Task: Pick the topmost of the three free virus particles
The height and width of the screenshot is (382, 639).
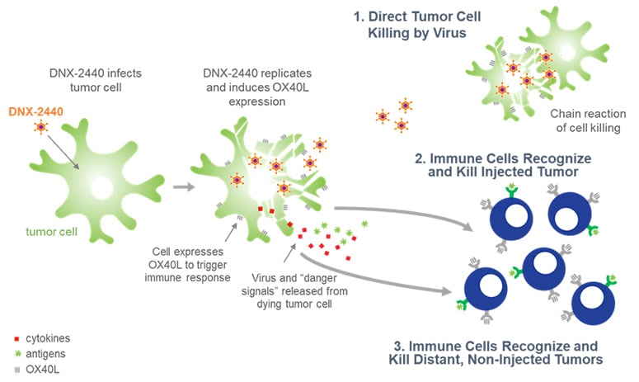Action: (x=405, y=106)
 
